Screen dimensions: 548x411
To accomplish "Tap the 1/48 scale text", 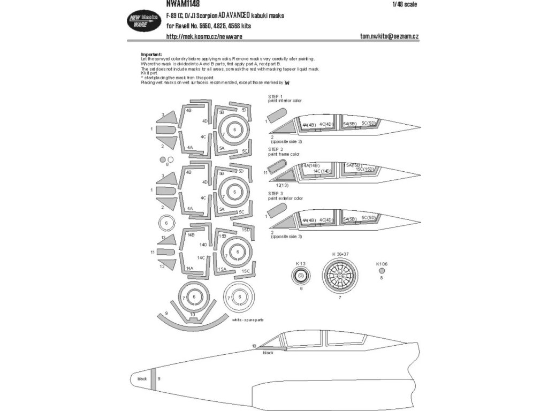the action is pyautogui.click(x=405, y=5).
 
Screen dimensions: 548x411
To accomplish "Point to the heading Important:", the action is pyautogui.click(x=151, y=54).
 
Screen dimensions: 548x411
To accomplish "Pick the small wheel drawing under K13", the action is pyautogui.click(x=301, y=276).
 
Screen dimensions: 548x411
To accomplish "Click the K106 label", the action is pyautogui.click(x=382, y=263).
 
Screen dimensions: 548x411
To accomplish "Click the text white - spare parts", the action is pyautogui.click(x=247, y=319).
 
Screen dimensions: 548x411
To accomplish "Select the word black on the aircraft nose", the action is pyautogui.click(x=142, y=378).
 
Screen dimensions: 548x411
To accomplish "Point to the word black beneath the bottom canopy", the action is pyautogui.click(x=269, y=354).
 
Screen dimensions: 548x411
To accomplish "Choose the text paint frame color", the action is pyautogui.click(x=285, y=154).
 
